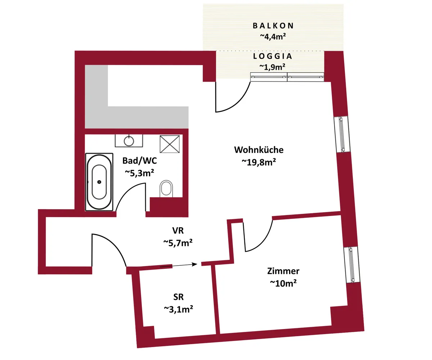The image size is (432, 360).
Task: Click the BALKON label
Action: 273,26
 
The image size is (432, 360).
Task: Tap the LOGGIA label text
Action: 273,56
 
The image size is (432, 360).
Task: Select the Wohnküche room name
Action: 259,150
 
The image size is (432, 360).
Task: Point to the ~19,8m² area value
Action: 259,162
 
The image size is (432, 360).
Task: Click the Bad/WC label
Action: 140,161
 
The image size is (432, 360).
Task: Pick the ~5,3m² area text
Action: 139,173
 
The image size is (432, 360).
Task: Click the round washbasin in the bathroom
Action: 129,141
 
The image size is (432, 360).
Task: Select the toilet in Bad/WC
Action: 166,189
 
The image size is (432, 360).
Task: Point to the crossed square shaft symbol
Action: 170,144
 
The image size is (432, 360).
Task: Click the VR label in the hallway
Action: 178,230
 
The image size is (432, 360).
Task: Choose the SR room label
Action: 178,297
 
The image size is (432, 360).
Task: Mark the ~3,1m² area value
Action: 178,309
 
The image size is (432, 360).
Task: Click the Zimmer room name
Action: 283,271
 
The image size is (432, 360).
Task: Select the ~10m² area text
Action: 283,283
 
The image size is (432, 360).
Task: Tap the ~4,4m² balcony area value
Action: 273,36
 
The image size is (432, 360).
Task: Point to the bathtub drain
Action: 99,182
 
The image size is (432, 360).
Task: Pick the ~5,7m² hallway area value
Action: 178,243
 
